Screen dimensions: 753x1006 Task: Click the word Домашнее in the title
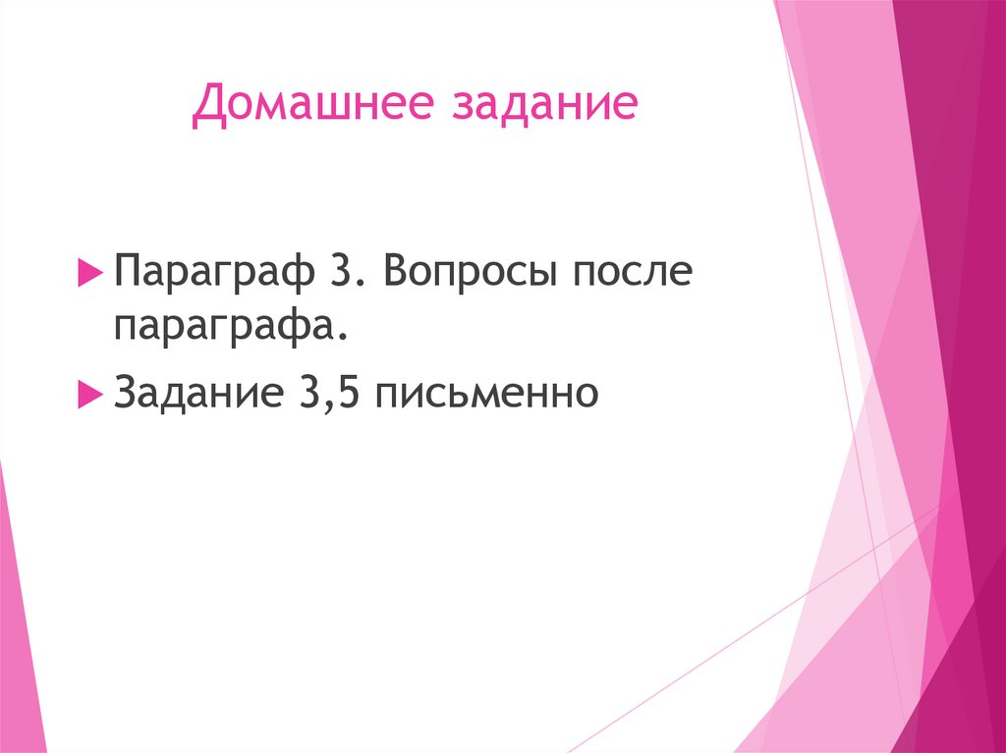coord(313,106)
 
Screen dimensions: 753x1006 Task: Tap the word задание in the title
coord(543,106)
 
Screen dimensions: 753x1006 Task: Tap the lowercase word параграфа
coord(231,325)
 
